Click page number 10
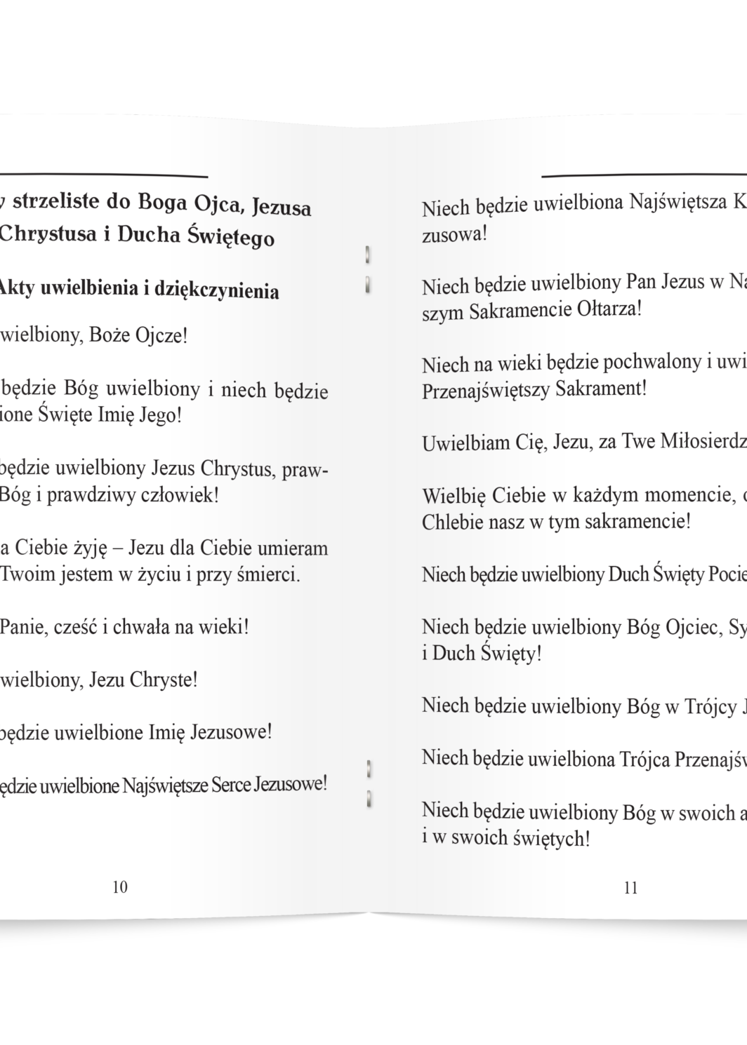(120, 887)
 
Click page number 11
(630, 888)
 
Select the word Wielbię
(454, 496)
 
